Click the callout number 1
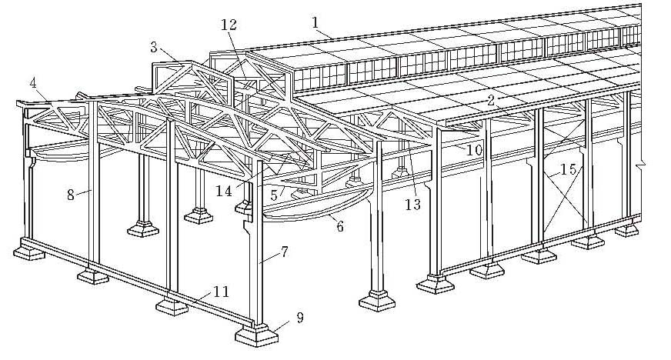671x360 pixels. (x=315, y=21)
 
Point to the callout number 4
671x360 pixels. (x=33, y=82)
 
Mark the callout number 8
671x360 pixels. (x=70, y=195)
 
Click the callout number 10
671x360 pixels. (x=474, y=151)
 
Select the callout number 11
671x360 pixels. (x=222, y=291)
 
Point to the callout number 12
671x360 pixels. (x=228, y=25)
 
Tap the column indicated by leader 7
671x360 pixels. (x=258, y=262)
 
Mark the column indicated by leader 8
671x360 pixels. (x=93, y=192)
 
